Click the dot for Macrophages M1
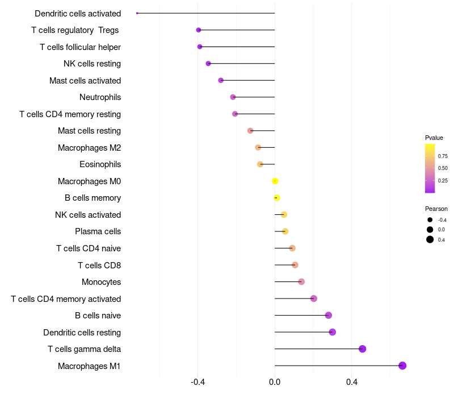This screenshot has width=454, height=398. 402,366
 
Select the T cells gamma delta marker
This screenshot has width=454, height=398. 363,349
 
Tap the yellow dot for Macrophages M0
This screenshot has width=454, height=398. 275,181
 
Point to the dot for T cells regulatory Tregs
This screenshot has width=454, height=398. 199,30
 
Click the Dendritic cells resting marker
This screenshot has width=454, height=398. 333,332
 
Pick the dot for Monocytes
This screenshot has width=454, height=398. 301,282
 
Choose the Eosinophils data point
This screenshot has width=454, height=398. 260,164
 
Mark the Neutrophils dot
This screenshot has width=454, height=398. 233,97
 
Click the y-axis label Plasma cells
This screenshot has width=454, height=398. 98,231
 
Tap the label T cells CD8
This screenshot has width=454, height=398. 99,265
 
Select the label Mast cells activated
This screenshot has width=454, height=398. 85,81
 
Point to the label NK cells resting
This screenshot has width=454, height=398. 92,64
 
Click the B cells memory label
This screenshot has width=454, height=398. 93,198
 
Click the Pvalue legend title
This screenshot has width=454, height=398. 434,138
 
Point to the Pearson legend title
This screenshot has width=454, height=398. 436,209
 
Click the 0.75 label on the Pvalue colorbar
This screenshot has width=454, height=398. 443,156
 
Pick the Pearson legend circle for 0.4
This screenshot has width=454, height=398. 430,239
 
